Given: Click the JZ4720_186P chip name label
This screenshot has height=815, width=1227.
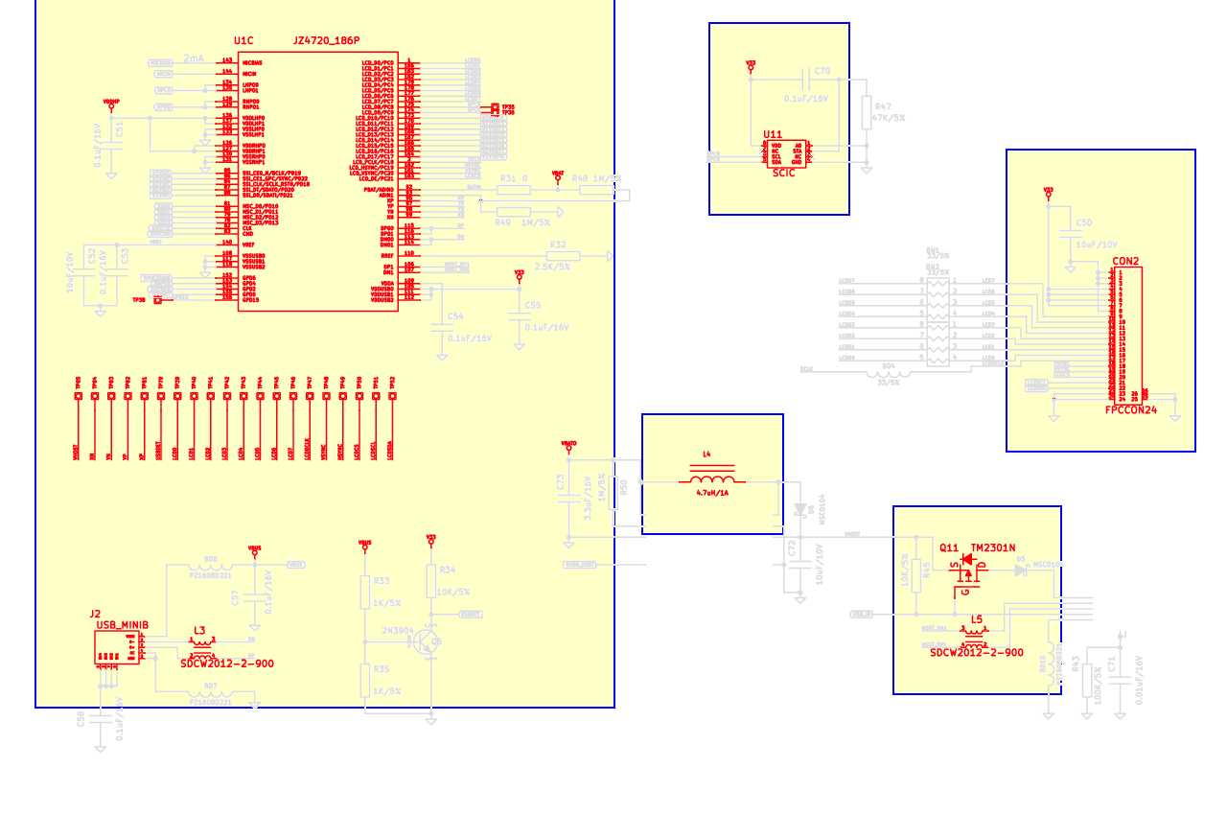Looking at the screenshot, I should (326, 40).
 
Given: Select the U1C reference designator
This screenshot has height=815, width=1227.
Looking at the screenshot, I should (244, 41).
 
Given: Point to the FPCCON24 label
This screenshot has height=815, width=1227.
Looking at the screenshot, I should (1131, 409).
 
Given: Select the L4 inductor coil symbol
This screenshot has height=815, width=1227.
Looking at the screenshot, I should (712, 478).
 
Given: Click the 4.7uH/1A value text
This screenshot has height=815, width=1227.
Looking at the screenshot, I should (712, 493).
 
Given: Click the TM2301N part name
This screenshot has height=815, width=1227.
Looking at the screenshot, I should (993, 547).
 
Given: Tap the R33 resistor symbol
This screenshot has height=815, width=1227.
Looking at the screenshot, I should (364, 592).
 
